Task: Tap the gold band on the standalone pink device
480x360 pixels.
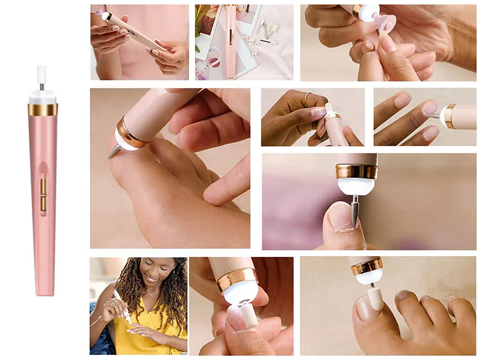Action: click(x=43, y=109)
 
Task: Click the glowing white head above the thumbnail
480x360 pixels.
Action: click(x=355, y=185)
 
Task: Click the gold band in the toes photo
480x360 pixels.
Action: click(x=367, y=266)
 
